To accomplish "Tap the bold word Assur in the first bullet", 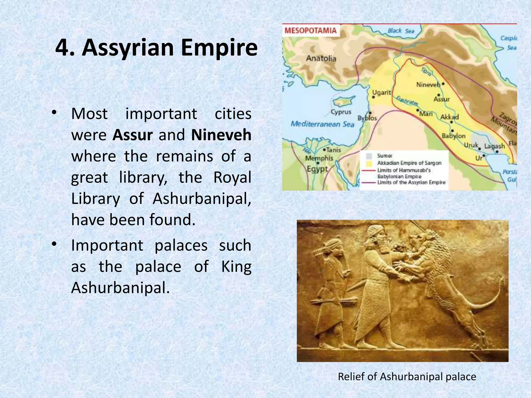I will pyautogui.click(x=132, y=135).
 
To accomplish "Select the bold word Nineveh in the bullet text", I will pyautogui.click(x=221, y=135).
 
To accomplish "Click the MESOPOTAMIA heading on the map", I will pyautogui.click(x=310, y=31).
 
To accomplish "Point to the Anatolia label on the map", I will pyautogui.click(x=321, y=58).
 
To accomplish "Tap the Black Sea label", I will pyautogui.click(x=401, y=31).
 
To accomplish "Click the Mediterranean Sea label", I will pyautogui.click(x=322, y=124).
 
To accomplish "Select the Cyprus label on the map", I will pyautogui.click(x=341, y=112).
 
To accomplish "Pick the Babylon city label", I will pyautogui.click(x=453, y=136).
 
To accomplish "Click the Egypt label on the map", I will pyautogui.click(x=317, y=169).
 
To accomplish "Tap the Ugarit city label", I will pyautogui.click(x=381, y=93).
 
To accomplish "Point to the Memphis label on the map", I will pyautogui.click(x=319, y=158).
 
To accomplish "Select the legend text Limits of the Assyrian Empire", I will pyautogui.click(x=411, y=182).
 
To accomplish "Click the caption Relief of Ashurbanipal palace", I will pyautogui.click(x=407, y=376).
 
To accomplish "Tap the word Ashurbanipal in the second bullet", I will pyautogui.click(x=120, y=288).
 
